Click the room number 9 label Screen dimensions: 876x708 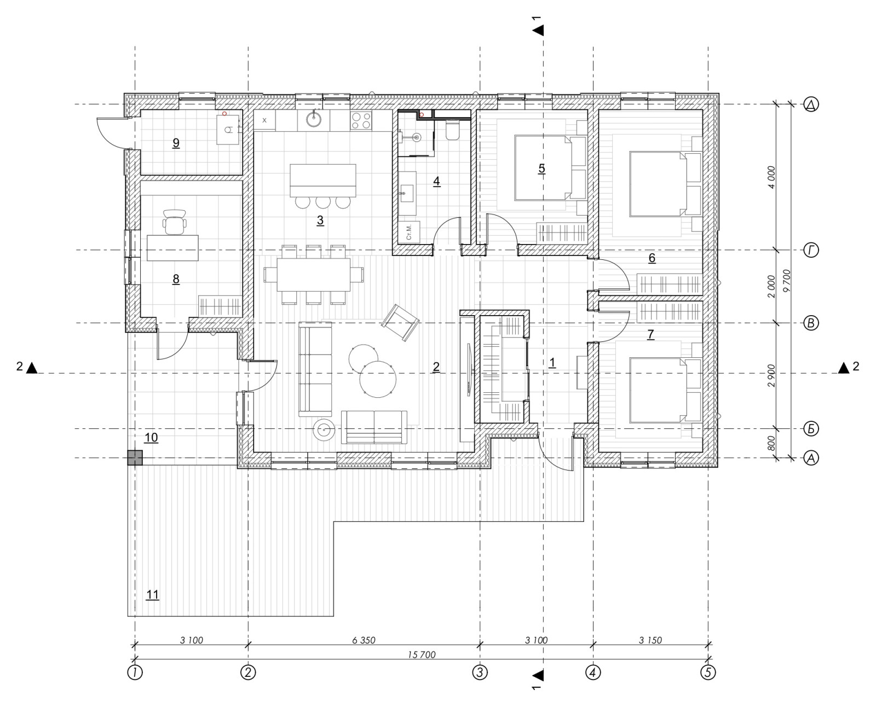pos(176,143)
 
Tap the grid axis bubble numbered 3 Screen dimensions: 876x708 pos(480,672)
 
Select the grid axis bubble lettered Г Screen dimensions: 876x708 pos(811,250)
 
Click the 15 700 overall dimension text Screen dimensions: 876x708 pos(422,655)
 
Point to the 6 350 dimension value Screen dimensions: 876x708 pos(364,640)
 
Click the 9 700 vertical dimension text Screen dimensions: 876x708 pos(787,281)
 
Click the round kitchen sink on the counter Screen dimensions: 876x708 pos(314,119)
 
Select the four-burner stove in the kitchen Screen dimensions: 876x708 pos(361,120)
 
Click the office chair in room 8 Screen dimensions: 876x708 pos(174,222)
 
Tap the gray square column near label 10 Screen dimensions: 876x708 pos(135,458)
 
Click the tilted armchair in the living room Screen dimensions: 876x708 pos(400,323)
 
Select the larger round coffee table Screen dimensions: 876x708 pos(378,379)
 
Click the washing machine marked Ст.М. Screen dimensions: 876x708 pos(409,232)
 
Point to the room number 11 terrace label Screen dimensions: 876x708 pos(153,595)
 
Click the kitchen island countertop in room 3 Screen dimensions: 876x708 pos(323,181)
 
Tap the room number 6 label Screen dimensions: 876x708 pos(652,258)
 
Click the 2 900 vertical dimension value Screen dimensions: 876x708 pos(771,375)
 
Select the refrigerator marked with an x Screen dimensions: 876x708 pos(264,120)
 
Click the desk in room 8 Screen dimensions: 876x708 pos(172,248)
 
